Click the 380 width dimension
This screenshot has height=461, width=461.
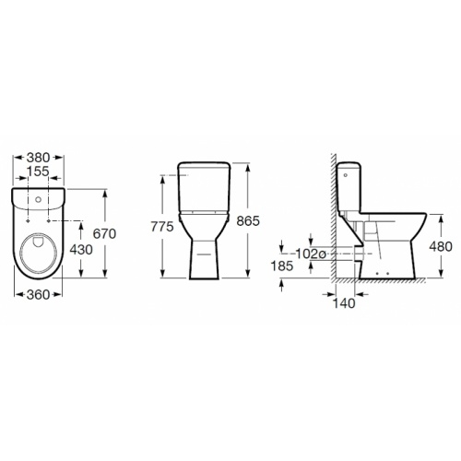click(38, 158)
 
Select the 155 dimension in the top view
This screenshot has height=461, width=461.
click(38, 171)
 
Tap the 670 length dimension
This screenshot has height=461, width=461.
click(104, 234)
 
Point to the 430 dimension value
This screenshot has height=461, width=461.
click(81, 250)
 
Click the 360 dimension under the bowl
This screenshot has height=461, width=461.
click(38, 295)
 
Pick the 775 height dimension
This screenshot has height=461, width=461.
click(162, 227)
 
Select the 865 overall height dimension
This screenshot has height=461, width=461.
click(248, 220)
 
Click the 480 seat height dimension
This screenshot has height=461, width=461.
click(441, 246)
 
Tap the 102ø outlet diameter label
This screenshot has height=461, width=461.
click(311, 254)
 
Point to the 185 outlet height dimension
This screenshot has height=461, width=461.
click(282, 266)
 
